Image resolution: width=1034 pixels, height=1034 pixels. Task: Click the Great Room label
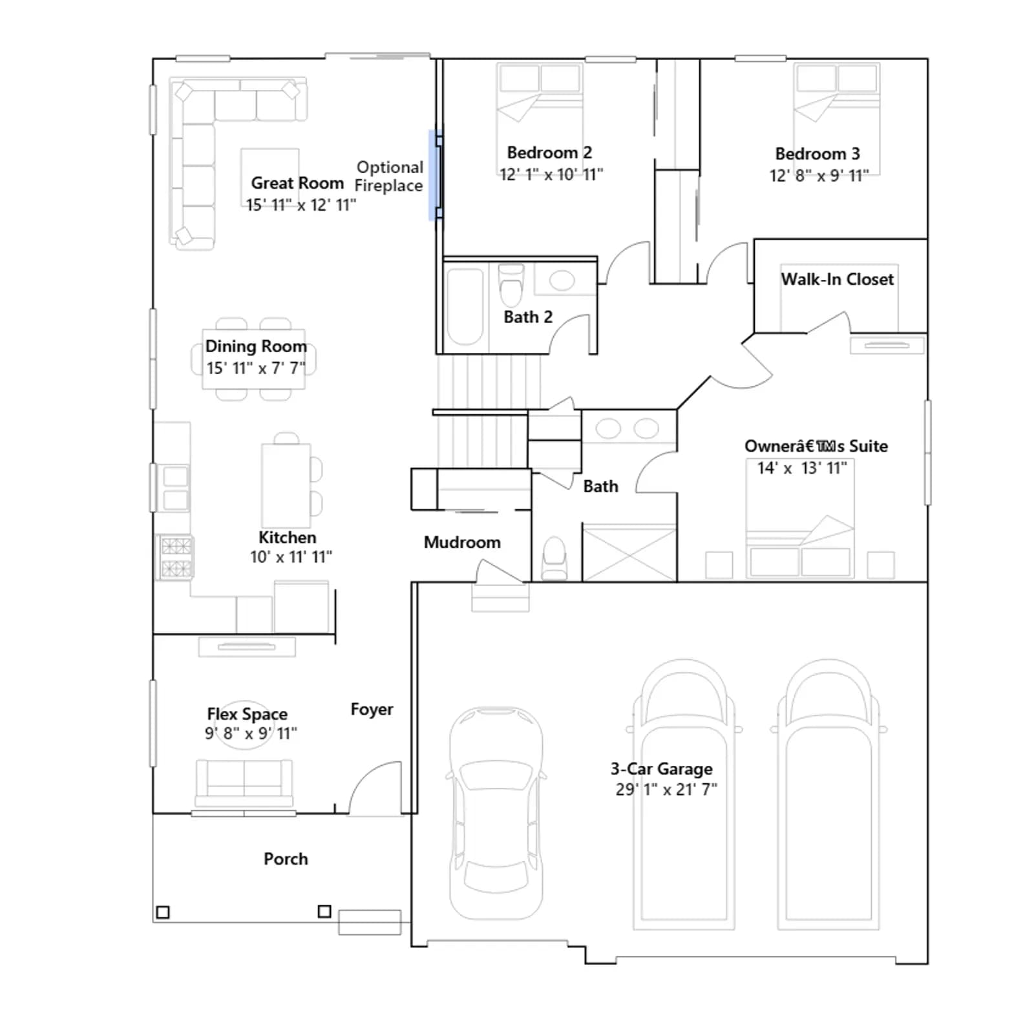(x=297, y=183)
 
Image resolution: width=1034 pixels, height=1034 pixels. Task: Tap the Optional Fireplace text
(x=389, y=176)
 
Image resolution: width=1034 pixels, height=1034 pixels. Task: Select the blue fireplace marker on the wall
(x=434, y=175)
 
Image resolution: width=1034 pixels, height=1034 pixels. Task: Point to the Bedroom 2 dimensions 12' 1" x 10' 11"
(x=551, y=174)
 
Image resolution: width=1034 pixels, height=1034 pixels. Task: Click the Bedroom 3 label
(x=818, y=154)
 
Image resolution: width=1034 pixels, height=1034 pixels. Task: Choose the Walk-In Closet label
(x=838, y=279)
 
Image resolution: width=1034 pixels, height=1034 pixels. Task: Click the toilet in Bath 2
(x=511, y=285)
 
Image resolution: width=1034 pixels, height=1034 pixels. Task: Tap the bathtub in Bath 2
(x=465, y=307)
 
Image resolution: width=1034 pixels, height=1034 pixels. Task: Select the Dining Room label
(x=256, y=346)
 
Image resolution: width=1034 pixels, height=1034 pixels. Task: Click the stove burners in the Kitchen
(x=176, y=557)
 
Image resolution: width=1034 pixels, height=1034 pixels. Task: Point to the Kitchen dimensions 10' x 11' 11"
(x=291, y=556)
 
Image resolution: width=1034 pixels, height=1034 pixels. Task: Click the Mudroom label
(x=462, y=542)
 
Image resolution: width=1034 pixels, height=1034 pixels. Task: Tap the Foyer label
(x=372, y=709)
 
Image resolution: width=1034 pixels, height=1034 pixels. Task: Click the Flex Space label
(x=247, y=713)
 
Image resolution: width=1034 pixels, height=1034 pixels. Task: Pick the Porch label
(x=286, y=859)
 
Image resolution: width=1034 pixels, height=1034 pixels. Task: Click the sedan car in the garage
(x=496, y=813)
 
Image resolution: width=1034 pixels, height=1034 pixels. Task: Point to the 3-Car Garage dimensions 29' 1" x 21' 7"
(x=666, y=789)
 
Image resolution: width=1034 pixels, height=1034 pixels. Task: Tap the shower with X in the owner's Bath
(x=629, y=553)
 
